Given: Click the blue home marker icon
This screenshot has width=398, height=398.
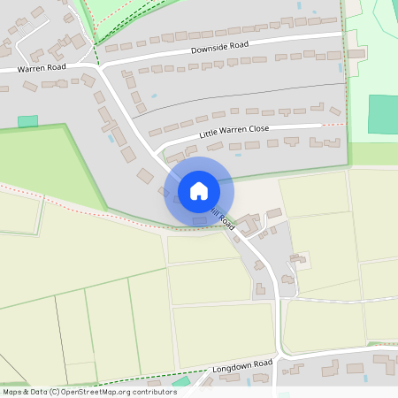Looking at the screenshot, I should click(199, 191).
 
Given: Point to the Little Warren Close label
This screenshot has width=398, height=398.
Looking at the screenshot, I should click(234, 129).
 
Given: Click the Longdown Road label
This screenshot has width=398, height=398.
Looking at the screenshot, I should click(241, 364).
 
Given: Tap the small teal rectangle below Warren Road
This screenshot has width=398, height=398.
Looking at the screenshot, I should click(28, 121).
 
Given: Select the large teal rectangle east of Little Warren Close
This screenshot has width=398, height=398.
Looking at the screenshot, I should click(383, 114).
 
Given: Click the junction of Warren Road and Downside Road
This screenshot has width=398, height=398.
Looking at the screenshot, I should click(99, 65).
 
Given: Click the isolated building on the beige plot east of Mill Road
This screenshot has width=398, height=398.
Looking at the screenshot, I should click(299, 260).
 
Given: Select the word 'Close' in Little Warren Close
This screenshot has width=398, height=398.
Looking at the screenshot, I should click(258, 127).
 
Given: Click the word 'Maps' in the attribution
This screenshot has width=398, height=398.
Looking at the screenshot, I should click(13, 391).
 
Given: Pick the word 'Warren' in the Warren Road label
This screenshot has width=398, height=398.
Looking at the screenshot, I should click(29, 68).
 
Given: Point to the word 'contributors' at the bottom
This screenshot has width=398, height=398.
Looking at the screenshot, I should click(152, 391).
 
